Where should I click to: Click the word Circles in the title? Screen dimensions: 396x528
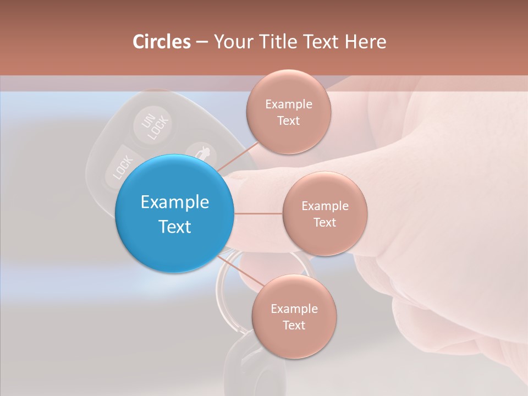point(161,42)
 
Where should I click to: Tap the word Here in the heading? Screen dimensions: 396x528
point(365,42)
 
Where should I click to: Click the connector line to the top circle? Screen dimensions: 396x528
point(238,156)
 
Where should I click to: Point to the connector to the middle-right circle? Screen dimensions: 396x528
point(258,213)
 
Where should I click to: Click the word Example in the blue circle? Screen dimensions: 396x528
point(175,202)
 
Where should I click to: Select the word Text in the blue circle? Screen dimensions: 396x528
point(175,227)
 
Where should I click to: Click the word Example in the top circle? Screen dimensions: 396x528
point(289,105)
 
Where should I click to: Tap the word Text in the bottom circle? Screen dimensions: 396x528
point(294,325)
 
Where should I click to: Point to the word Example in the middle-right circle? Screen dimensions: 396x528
point(325,206)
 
